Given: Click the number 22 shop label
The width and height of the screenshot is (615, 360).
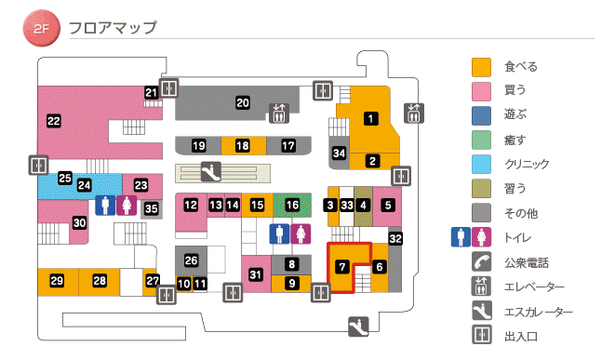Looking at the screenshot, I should (53, 120).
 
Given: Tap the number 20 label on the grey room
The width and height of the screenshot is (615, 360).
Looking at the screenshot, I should (243, 102).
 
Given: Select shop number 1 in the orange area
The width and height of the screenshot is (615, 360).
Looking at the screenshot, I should (371, 118).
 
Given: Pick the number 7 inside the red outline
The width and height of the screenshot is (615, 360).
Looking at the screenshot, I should (342, 267).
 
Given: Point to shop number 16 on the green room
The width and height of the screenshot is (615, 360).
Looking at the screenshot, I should (293, 205).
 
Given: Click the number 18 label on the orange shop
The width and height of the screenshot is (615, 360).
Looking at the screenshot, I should (243, 146).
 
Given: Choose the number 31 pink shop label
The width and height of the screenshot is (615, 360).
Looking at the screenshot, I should (256, 273).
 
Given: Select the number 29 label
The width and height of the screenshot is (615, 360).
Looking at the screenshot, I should (57, 281).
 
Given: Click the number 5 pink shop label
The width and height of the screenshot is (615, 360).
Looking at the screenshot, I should (388, 205).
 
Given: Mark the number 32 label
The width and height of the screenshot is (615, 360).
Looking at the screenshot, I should (395, 239).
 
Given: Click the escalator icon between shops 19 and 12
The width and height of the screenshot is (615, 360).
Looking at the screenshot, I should (212, 171).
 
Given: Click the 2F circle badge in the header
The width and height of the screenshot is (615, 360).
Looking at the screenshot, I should (42, 29).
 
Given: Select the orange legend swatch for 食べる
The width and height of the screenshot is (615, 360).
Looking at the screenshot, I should (481, 67).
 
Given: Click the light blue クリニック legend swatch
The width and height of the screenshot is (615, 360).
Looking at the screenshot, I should (481, 164).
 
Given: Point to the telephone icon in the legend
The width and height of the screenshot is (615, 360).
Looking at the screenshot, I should (481, 262).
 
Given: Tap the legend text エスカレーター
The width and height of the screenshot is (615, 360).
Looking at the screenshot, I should (540, 312).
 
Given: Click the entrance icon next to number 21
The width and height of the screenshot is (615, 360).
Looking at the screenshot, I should (169, 88).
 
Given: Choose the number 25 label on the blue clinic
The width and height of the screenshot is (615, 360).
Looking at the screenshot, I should (65, 178).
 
